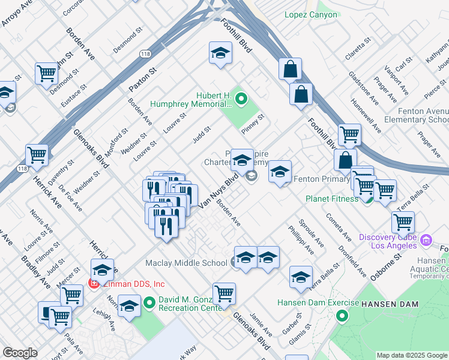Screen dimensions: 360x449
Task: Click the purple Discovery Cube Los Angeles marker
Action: [x=427, y=241]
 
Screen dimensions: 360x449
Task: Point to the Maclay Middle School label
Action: [x=186, y=263]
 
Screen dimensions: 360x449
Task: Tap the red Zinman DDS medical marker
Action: [x=94, y=283]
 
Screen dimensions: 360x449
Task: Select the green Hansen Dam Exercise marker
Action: [x=342, y=316]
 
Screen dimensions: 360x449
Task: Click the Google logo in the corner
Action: [x=20, y=353]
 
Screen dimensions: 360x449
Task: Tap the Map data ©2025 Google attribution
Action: [x=411, y=355]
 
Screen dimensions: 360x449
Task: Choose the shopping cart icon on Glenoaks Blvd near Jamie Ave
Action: [x=224, y=293]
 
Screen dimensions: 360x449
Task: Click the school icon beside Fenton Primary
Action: [x=280, y=172]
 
